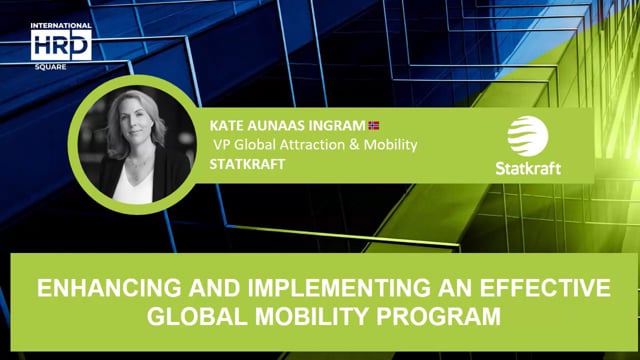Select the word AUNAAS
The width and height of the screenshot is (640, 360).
[x=277, y=126]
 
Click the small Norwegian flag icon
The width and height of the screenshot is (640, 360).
[x=375, y=125]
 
